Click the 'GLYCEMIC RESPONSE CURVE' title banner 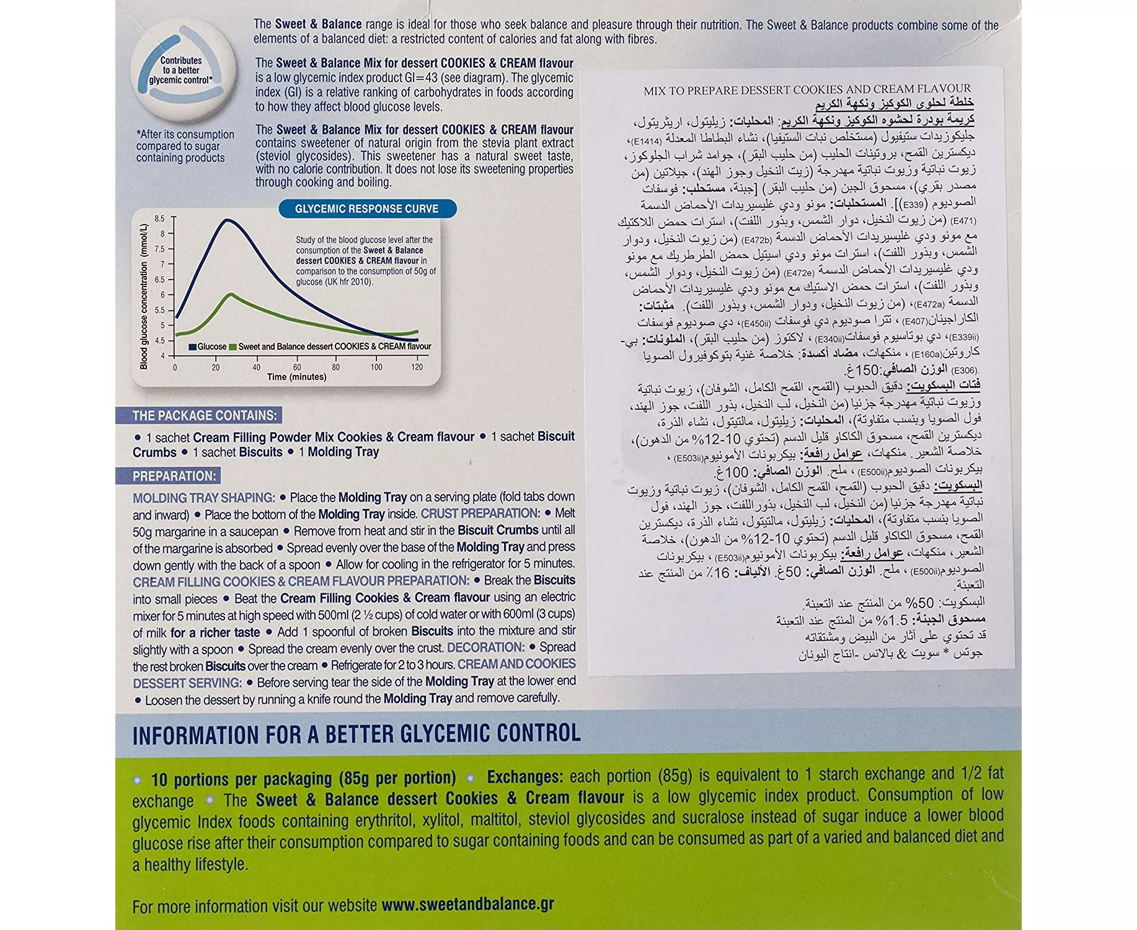tap(366, 209)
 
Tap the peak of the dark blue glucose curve tap(228, 220)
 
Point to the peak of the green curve tap(231, 294)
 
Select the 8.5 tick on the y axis tap(160, 219)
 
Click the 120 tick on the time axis tap(417, 367)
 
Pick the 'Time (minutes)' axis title tap(296, 377)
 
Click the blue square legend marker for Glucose tap(193, 347)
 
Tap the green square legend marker tap(233, 347)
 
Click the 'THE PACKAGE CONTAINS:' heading tap(204, 415)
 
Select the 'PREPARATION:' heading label tap(174, 476)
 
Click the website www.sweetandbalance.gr tap(467, 905)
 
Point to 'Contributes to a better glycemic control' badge tap(181, 71)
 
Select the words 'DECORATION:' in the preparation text tap(485, 647)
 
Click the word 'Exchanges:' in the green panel tap(524, 777)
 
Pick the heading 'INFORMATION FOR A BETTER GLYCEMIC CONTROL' tap(356, 735)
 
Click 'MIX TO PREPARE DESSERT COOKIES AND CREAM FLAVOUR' tap(807, 90)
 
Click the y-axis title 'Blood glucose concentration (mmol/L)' tap(144, 296)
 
